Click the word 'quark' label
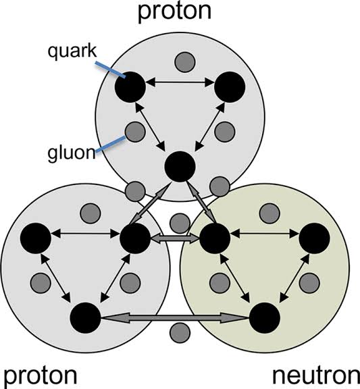click(x=72, y=51)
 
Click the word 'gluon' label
click(x=72, y=153)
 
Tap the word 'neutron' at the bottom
click(x=316, y=376)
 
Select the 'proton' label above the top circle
click(x=174, y=12)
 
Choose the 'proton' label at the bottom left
click(x=41, y=377)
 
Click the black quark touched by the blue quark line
click(x=130, y=87)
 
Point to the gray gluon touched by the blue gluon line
click(x=135, y=132)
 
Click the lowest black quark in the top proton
click(x=180, y=166)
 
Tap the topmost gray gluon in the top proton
click(x=185, y=62)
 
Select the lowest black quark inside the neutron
click(x=265, y=317)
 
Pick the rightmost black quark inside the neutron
click(x=314, y=238)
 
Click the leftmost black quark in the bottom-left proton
click(x=36, y=238)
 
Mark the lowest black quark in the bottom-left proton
click(x=86, y=317)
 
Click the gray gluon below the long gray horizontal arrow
click(x=180, y=333)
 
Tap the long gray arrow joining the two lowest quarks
click(x=175, y=318)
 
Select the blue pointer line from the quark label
click(x=110, y=70)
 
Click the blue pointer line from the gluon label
click(x=110, y=143)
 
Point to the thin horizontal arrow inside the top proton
click(x=180, y=82)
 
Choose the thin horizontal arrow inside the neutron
click(x=265, y=234)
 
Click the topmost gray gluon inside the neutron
click(x=269, y=213)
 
